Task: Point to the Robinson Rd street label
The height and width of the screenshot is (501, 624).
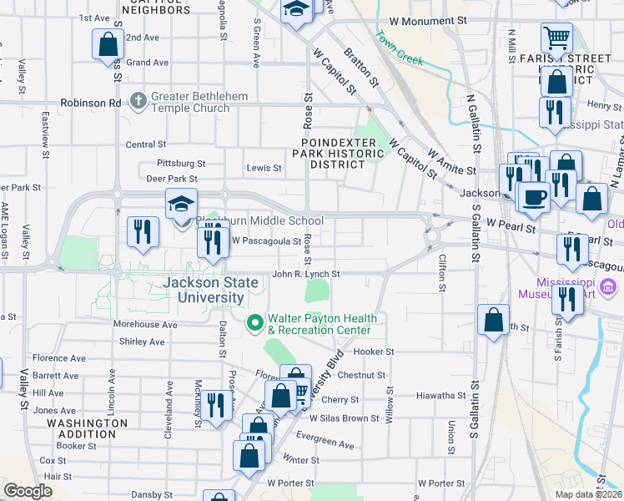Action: click(x=90, y=103)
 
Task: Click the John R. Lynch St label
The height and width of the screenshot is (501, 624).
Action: click(x=306, y=274)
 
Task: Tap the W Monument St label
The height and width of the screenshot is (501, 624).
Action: click(x=427, y=20)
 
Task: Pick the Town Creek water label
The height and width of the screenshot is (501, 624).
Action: click(x=400, y=49)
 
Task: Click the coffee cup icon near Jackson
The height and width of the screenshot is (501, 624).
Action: click(x=534, y=196)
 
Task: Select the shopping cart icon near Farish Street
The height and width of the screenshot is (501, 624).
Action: click(x=556, y=37)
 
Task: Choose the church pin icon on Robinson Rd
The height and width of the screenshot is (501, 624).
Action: click(x=138, y=102)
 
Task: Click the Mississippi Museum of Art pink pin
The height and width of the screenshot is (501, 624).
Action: click(x=607, y=289)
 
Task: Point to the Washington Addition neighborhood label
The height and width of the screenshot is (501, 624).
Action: click(x=82, y=428)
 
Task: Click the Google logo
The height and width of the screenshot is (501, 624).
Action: click(x=28, y=492)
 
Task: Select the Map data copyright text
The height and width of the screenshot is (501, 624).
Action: click(x=588, y=494)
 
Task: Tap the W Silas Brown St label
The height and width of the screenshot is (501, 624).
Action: click(x=351, y=418)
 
